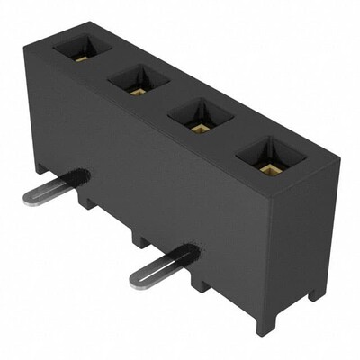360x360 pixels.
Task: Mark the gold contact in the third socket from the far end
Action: [198, 126]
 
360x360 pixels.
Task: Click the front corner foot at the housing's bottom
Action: [267, 320]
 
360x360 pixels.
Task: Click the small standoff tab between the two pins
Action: [139, 240]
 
